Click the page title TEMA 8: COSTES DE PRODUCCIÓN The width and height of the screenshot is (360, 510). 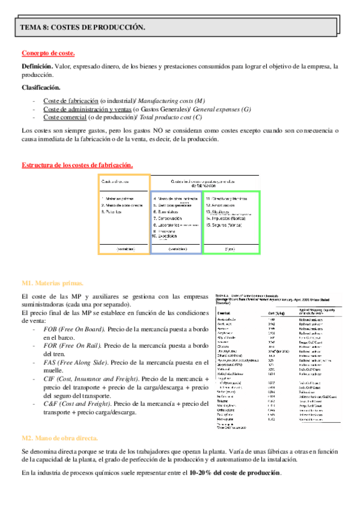pos(82,27)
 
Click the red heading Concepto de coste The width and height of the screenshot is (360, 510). pos(47,53)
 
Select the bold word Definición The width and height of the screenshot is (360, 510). pos(37,66)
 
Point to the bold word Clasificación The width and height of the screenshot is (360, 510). pos(40,88)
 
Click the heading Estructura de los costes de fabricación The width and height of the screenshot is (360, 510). pos(77,165)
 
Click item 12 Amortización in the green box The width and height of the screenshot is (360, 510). pos(228,205)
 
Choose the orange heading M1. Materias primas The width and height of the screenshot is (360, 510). pos(52,283)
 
